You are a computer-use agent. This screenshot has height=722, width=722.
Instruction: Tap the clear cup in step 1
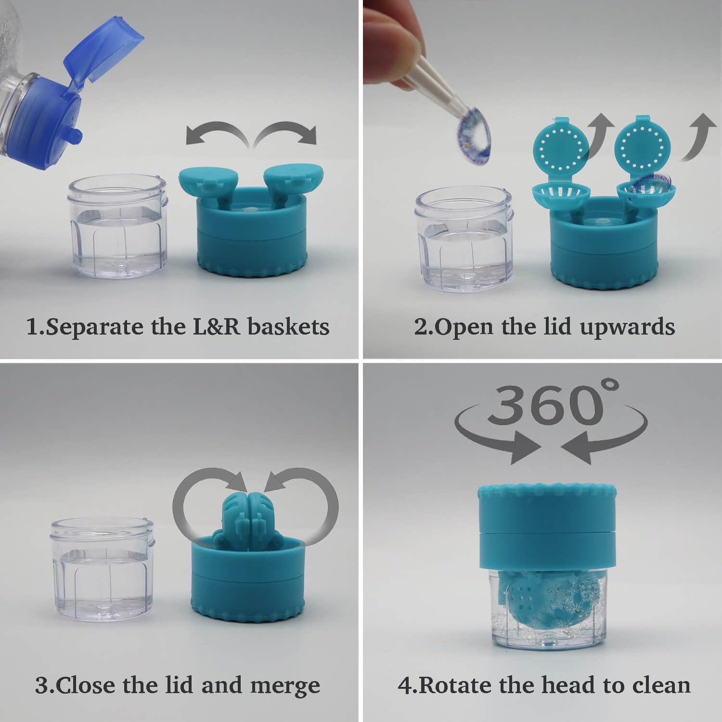click(x=119, y=229)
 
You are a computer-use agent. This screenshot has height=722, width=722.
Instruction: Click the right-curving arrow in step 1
click(x=289, y=132)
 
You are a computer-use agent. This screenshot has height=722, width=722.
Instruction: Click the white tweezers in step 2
click(x=433, y=87)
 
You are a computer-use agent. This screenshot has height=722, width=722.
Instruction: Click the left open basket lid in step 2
click(x=561, y=144)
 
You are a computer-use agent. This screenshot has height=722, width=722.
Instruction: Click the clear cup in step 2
click(x=463, y=238)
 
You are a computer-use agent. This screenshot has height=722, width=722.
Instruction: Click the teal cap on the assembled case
click(x=547, y=525)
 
